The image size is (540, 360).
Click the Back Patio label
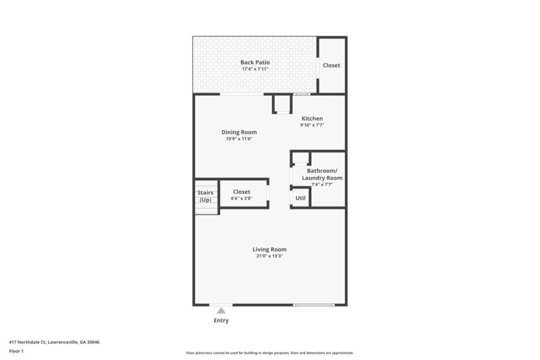pyautogui.click(x=254, y=62)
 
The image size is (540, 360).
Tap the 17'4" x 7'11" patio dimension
pyautogui.click(x=254, y=69)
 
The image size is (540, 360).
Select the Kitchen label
pyautogui.click(x=312, y=119)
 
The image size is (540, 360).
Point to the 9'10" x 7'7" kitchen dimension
pyautogui.click(x=312, y=125)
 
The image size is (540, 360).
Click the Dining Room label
pyautogui.click(x=239, y=132)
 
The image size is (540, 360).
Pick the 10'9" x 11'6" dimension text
pyautogui.click(x=239, y=138)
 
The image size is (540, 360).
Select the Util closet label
pyautogui.click(x=300, y=198)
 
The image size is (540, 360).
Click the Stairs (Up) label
pyautogui.click(x=205, y=197)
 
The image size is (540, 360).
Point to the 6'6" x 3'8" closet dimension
pyautogui.click(x=241, y=199)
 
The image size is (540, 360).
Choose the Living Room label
pyautogui.click(x=269, y=249)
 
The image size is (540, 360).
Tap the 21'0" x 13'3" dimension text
pyautogui.click(x=269, y=256)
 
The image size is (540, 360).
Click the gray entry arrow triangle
pyautogui.click(x=220, y=310)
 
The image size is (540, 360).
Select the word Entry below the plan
pyautogui.click(x=221, y=321)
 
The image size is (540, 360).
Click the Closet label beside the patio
pyautogui.click(x=331, y=66)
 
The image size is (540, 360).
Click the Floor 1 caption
pyautogui.click(x=16, y=351)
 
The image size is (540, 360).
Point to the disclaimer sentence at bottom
pyautogui.click(x=269, y=353)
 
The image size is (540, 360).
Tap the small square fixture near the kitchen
pyautogui.click(x=281, y=105)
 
